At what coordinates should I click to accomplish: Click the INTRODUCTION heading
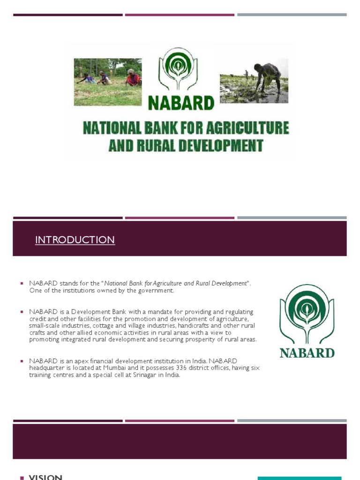(75, 240)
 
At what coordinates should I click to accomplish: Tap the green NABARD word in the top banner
(181, 103)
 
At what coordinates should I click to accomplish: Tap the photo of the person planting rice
(254, 80)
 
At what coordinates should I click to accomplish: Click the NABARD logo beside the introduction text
(307, 314)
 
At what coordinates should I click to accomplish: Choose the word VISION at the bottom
(45, 477)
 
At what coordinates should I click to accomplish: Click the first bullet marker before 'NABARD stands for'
(22, 284)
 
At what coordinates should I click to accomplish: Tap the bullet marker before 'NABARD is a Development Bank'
(22, 312)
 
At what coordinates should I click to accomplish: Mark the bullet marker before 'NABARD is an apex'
(22, 361)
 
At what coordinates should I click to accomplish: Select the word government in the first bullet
(155, 291)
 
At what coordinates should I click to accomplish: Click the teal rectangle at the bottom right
(300, 478)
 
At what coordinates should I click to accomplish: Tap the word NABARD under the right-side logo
(307, 352)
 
